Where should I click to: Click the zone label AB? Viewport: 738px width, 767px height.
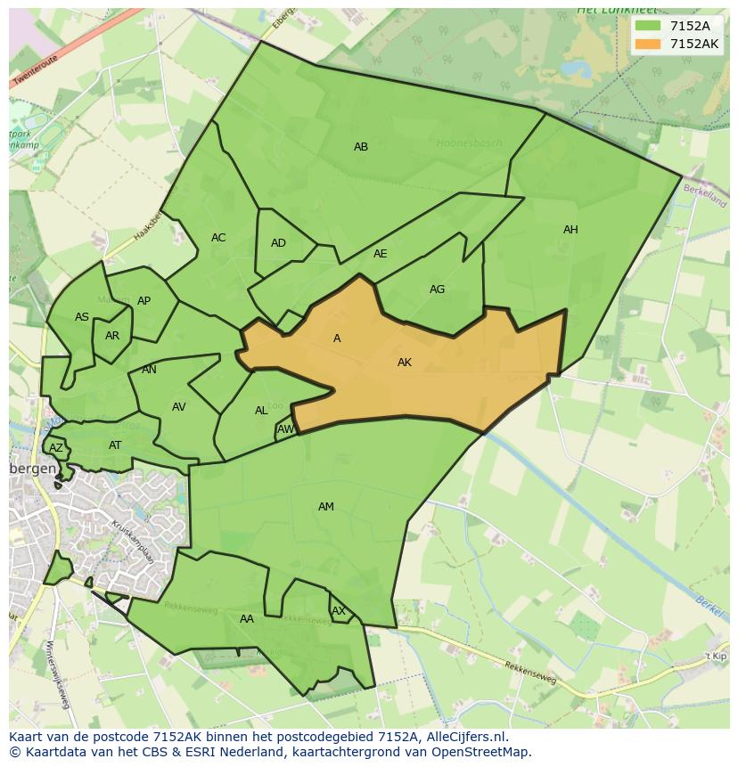(x=361, y=147)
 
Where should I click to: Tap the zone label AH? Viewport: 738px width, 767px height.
(x=570, y=230)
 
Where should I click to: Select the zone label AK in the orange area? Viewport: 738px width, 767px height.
(x=405, y=363)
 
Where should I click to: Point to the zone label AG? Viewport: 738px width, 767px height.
(x=437, y=290)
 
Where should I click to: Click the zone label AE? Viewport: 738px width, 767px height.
(x=381, y=254)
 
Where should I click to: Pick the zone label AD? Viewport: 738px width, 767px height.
(x=278, y=243)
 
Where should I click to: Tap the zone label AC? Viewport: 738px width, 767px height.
(x=218, y=238)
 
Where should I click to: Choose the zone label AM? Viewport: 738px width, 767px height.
(x=326, y=507)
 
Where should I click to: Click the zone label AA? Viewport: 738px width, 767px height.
(x=247, y=619)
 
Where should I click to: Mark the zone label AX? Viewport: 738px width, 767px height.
(x=339, y=611)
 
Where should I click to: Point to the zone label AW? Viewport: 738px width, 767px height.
(x=285, y=429)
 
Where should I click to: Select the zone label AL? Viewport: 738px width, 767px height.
(x=261, y=411)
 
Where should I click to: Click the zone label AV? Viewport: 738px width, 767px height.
(x=179, y=407)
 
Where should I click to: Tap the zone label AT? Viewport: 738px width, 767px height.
(x=115, y=445)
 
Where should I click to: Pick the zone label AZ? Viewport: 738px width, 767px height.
(x=56, y=448)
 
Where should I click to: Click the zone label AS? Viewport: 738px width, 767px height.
(x=82, y=317)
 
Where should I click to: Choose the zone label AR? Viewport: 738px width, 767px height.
(x=112, y=336)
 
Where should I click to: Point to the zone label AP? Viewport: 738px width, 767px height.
(x=143, y=301)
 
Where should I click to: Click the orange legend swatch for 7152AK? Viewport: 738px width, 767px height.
(x=648, y=44)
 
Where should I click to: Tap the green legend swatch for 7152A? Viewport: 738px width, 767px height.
(x=648, y=26)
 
